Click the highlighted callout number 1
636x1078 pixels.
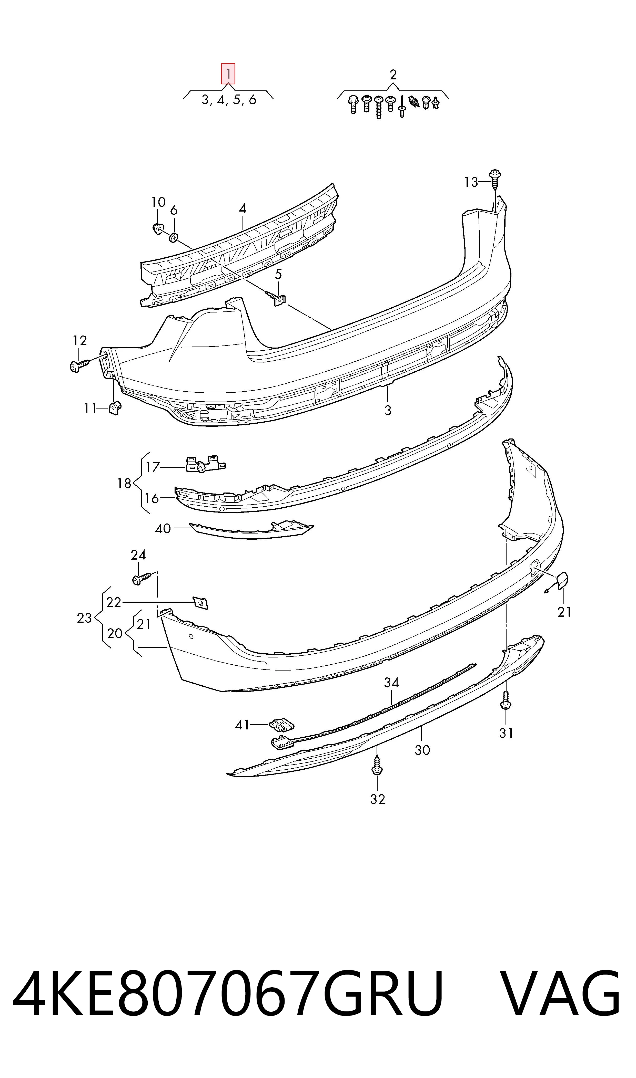[228, 74]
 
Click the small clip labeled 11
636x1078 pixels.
[115, 409]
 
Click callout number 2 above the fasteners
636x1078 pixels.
[393, 75]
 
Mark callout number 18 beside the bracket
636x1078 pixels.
[124, 483]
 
